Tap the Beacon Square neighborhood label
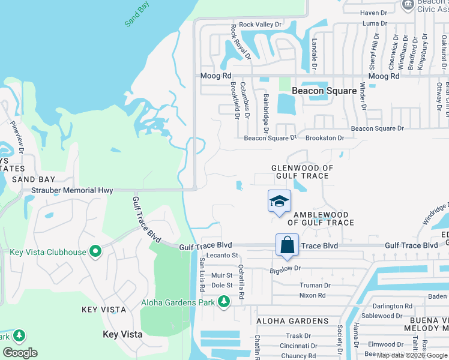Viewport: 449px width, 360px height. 324,91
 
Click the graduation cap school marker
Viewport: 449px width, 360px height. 279,201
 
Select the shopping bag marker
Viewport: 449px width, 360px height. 288,245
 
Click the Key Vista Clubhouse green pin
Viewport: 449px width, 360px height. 95,252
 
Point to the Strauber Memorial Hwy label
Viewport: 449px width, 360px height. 73,190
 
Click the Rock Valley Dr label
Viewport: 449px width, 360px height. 260,25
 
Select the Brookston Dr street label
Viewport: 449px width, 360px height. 325,138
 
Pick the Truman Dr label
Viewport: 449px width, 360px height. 315,286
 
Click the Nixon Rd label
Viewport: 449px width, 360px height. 312,295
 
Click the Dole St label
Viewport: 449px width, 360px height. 221,285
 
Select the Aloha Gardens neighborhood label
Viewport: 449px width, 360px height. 292,322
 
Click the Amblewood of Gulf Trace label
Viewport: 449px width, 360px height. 321,218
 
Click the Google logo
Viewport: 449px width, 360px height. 20,353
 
